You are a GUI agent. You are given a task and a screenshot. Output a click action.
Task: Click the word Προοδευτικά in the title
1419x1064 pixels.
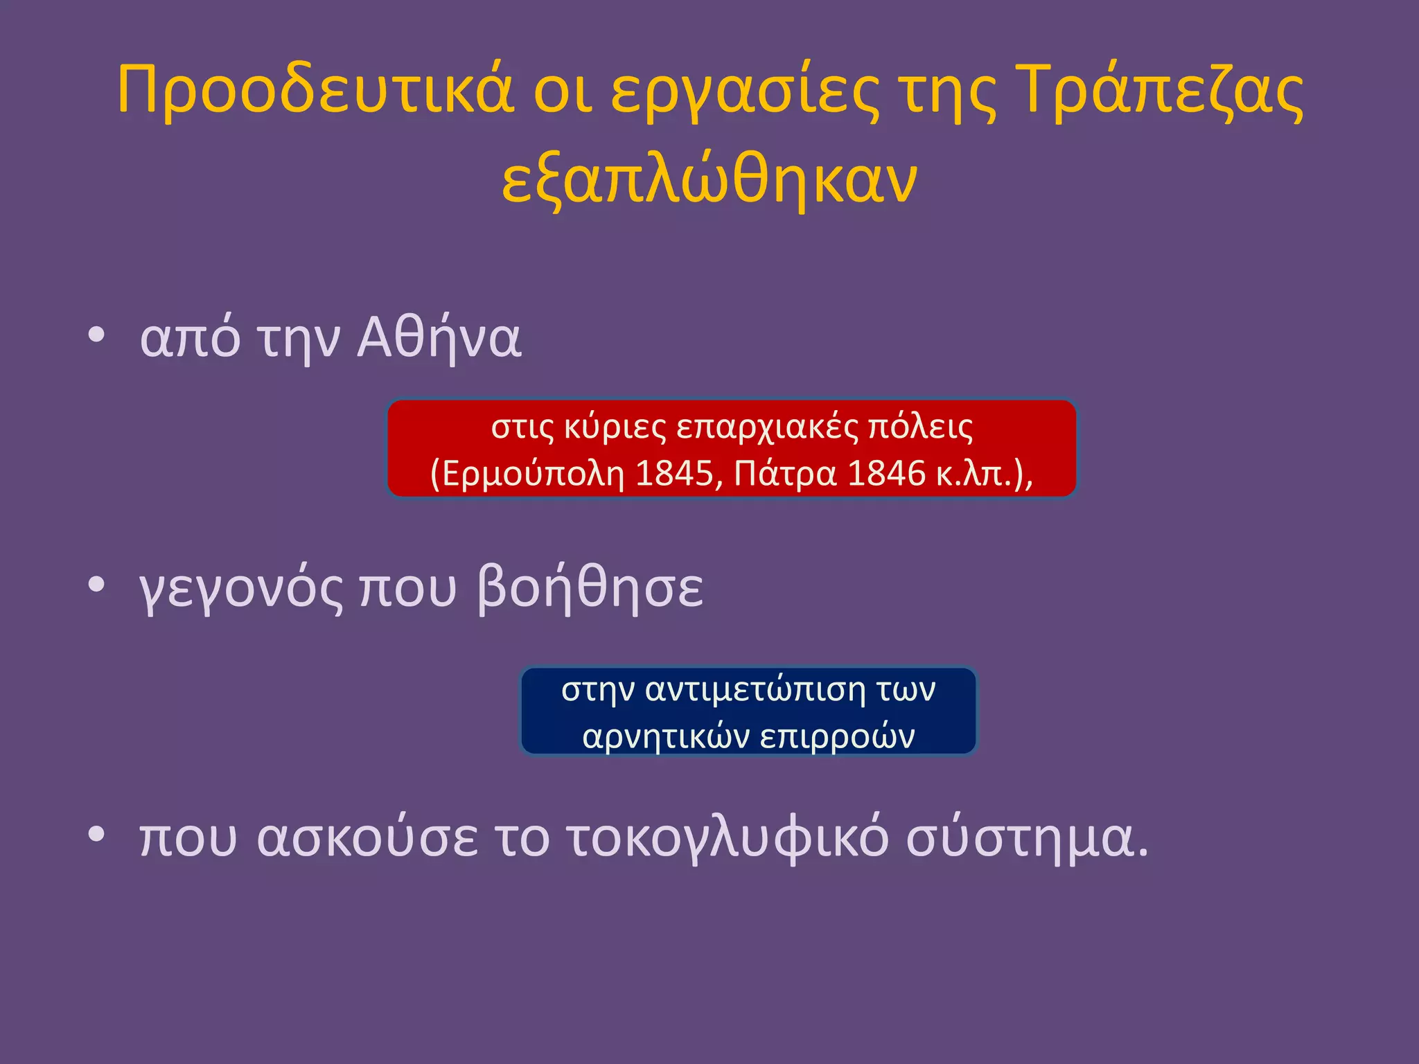point(315,90)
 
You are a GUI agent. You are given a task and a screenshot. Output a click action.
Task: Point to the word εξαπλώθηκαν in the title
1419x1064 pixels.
point(709,181)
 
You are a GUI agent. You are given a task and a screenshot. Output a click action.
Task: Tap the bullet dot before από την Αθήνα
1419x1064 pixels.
point(96,335)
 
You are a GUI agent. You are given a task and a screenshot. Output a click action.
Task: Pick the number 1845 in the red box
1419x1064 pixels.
point(674,474)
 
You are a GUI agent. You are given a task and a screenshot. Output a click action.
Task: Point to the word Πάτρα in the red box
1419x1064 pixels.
point(784,474)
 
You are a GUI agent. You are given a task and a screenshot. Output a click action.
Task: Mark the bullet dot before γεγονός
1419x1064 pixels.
point(96,585)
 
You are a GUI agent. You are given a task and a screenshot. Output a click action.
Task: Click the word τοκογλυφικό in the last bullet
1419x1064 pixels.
point(728,838)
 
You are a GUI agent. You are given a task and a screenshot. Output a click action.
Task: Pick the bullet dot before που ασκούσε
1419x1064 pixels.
point(96,835)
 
